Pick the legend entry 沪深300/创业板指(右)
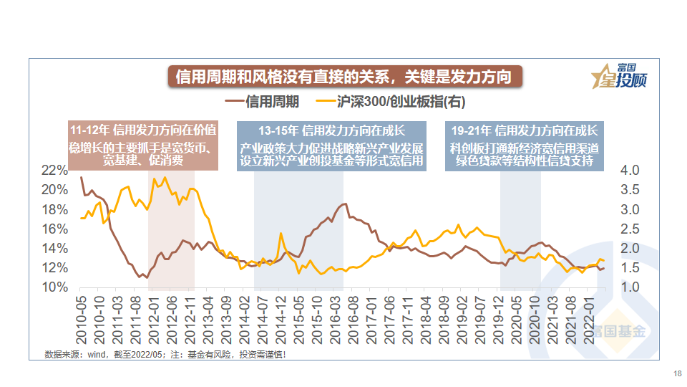click(x=401, y=102)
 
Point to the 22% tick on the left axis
click(x=54, y=170)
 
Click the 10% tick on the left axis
click(x=54, y=287)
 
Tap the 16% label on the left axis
click(x=54, y=229)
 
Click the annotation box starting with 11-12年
click(x=143, y=145)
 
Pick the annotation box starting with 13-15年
click(x=332, y=145)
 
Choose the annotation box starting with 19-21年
click(x=525, y=145)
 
